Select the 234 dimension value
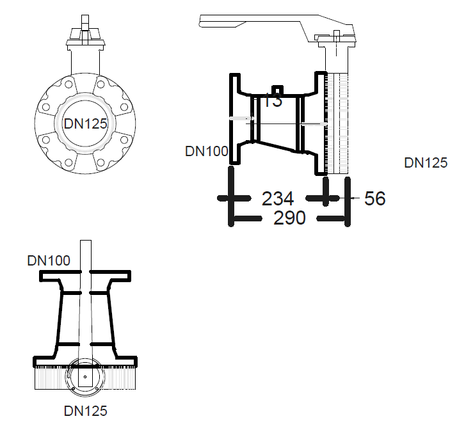tap(277, 198)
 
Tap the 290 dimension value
tap(289, 218)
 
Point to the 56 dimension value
tap(375, 199)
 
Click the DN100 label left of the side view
tap(206, 152)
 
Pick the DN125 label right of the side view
tap(426, 163)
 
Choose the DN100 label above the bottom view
tap(49, 260)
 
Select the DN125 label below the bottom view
tap(85, 410)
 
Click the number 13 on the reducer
tap(273, 100)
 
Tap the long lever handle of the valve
tap(256, 25)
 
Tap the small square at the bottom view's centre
tap(84, 377)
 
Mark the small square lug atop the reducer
tap(278, 90)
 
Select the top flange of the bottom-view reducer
tap(85, 275)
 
